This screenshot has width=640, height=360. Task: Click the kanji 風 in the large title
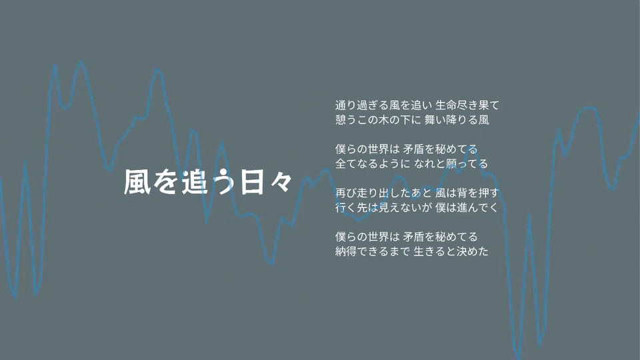137,181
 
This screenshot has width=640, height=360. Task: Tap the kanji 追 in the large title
195,181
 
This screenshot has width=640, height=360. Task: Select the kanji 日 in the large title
251,182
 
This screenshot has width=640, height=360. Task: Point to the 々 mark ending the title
281,182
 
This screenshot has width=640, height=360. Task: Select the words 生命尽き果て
467,105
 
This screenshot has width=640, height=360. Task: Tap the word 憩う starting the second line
346,120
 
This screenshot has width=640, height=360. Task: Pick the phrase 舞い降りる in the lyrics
451,120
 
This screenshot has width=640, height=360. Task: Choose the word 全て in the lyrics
346,164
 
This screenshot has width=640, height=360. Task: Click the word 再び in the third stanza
346,193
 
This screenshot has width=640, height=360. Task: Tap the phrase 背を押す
483,193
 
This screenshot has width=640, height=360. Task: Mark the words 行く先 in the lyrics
351,208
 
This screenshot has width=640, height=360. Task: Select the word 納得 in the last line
346,251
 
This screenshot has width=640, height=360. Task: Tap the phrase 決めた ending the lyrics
473,251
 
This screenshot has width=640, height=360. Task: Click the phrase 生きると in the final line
435,251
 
